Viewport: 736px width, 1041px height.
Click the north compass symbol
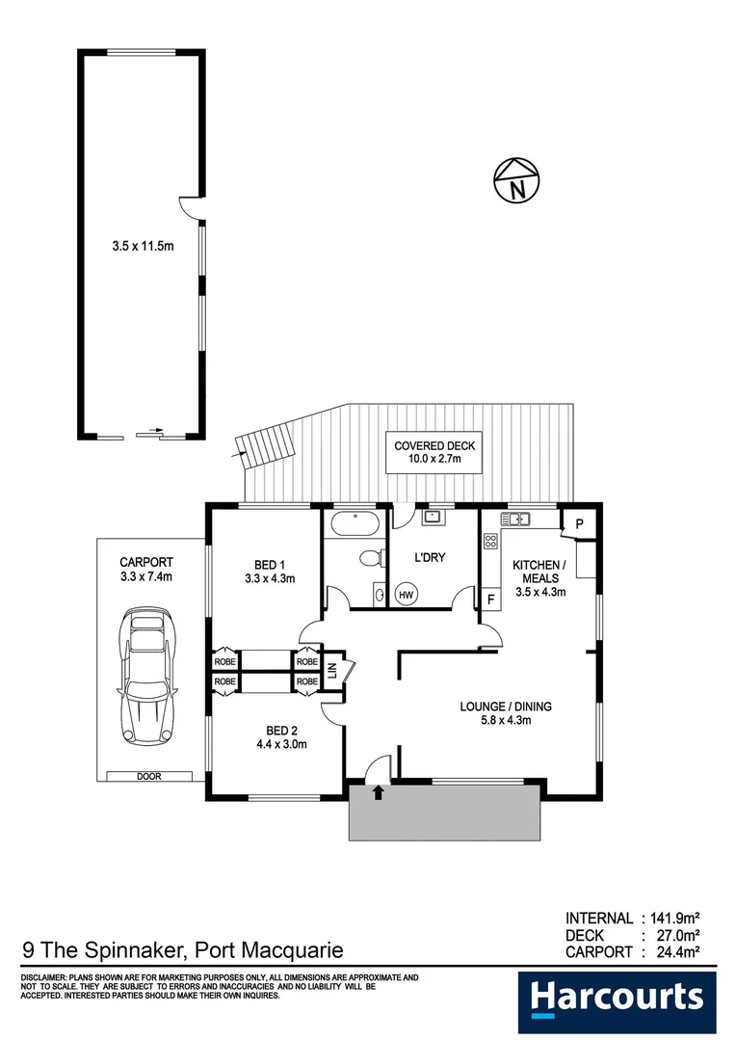[517, 180]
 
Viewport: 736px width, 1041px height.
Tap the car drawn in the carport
[150, 677]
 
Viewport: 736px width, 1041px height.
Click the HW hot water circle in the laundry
[407, 595]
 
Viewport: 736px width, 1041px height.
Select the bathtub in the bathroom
[355, 525]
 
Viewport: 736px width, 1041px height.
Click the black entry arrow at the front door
[378, 793]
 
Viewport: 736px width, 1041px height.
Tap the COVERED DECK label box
[434, 453]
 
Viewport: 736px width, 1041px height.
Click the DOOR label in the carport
[150, 775]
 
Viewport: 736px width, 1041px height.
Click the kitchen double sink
[516, 520]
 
